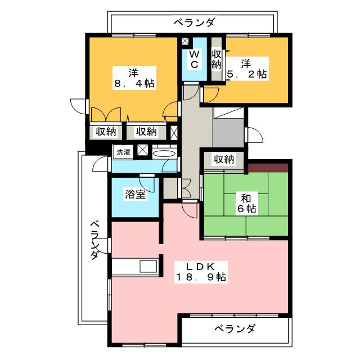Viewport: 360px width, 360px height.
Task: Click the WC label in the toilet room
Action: (x=194, y=59)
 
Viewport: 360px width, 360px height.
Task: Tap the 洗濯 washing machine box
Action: (x=124, y=151)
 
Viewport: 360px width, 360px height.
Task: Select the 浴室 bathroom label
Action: (x=135, y=195)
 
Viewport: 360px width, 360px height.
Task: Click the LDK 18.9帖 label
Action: (x=201, y=272)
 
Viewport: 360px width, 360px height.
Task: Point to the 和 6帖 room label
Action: (x=246, y=203)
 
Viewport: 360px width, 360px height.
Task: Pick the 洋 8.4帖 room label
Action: (x=134, y=78)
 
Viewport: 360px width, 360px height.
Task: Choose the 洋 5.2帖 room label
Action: (x=247, y=69)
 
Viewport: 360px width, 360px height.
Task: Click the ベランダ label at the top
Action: (x=194, y=22)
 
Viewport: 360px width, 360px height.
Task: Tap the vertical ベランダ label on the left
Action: (x=95, y=240)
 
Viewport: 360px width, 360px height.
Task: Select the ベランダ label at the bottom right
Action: (x=235, y=328)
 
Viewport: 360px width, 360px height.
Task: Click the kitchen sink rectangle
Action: (x=148, y=266)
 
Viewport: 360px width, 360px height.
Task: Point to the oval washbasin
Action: (x=164, y=154)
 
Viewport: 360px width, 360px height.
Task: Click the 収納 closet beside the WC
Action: (x=216, y=59)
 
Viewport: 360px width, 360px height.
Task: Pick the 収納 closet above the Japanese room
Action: (x=224, y=159)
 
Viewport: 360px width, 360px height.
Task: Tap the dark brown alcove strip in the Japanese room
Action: (x=268, y=168)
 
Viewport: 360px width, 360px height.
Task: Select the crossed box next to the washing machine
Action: (x=143, y=151)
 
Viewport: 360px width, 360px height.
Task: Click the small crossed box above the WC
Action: (x=185, y=41)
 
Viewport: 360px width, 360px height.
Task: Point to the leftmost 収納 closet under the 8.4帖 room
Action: (x=106, y=132)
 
